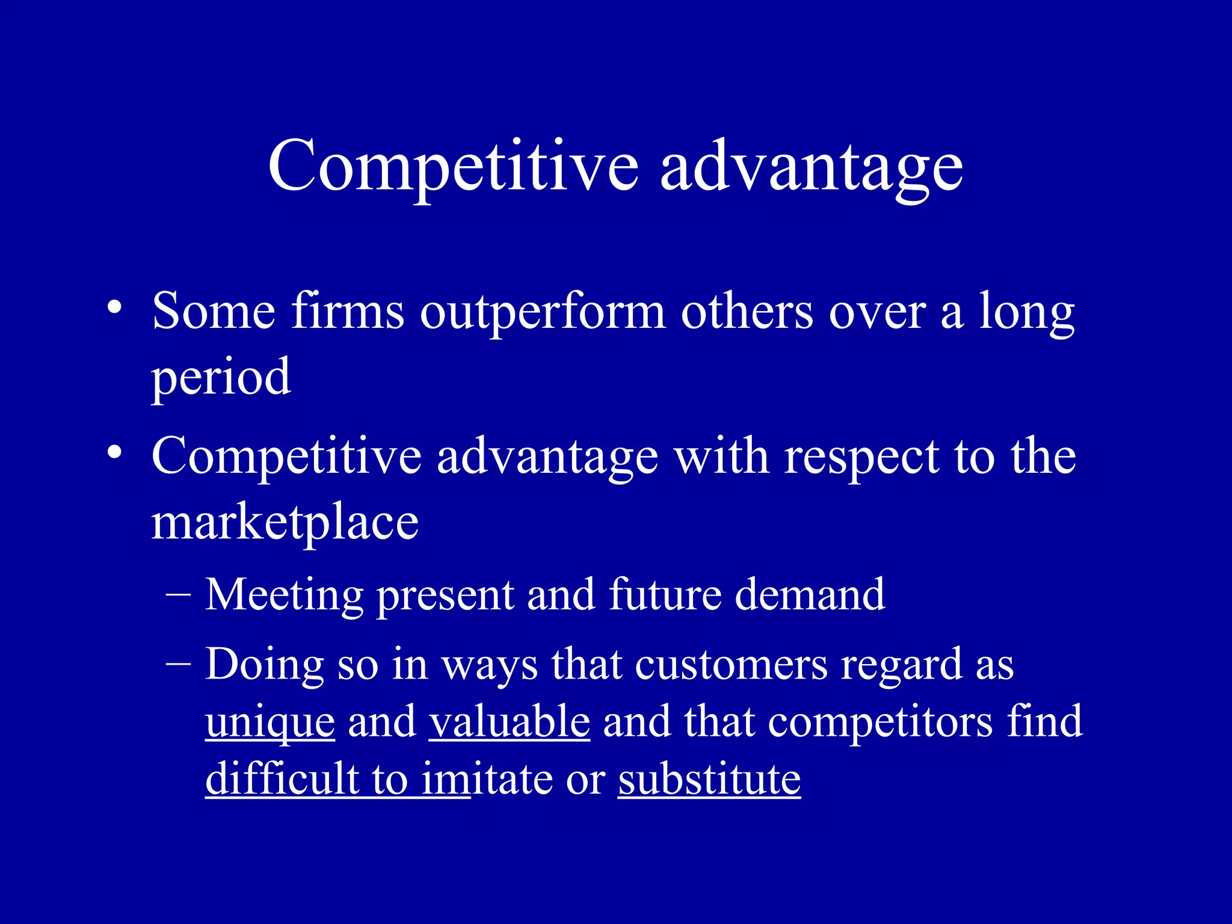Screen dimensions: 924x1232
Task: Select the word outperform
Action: pyautogui.click(x=543, y=313)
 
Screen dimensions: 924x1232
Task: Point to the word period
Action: pyautogui.click(x=221, y=378)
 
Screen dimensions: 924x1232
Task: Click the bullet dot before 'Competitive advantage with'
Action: pyautogui.click(x=114, y=453)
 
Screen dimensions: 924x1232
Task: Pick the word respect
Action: pyautogui.click(x=862, y=457)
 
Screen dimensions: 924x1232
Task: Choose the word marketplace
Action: pyautogui.click(x=285, y=522)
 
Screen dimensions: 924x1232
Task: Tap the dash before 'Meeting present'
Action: pyautogui.click(x=178, y=594)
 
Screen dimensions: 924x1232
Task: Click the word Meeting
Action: pyautogui.click(x=284, y=596)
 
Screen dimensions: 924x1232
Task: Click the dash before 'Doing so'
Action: pyautogui.click(x=178, y=664)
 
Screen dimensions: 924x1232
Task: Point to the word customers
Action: pyautogui.click(x=731, y=665)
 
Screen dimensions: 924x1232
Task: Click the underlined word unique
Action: pyautogui.click(x=270, y=722)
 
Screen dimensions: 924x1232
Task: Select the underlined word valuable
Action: pyautogui.click(x=510, y=721)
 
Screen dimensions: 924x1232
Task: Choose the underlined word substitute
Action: pyautogui.click(x=709, y=779)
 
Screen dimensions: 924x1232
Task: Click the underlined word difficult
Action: pyautogui.click(x=282, y=779)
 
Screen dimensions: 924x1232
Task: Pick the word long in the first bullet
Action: pyautogui.click(x=1026, y=313)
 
